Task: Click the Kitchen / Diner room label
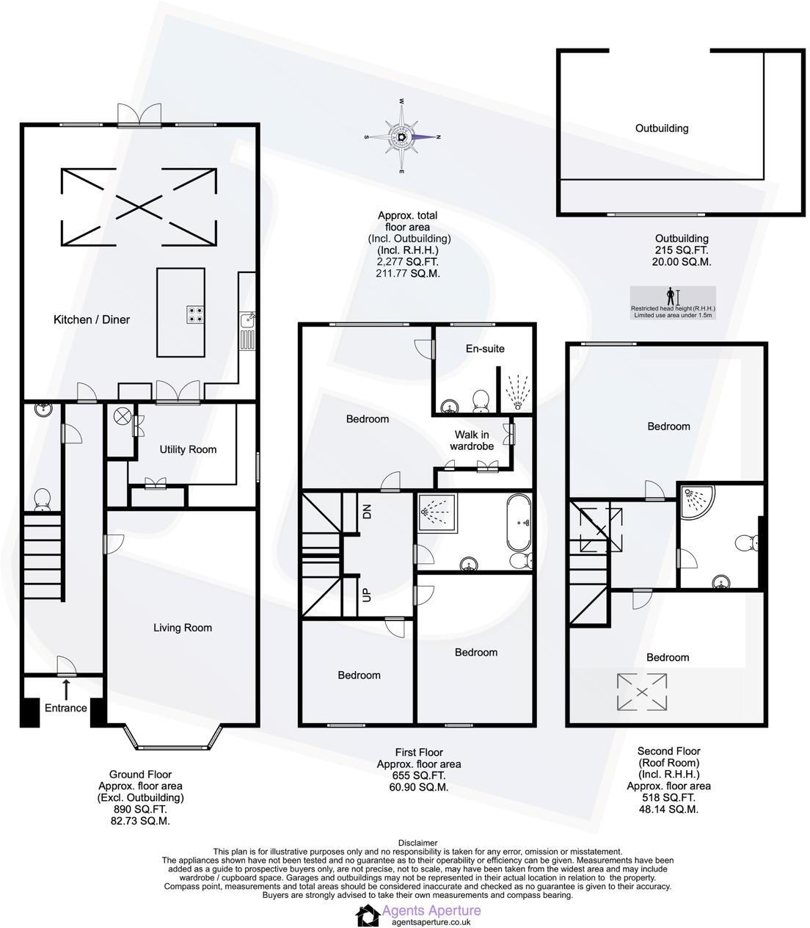point(92,319)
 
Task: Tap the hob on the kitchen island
point(195,314)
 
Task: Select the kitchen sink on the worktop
point(247,321)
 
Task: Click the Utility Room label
point(189,449)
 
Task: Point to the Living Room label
point(183,627)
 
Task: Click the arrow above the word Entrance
point(67,689)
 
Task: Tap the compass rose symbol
point(402,136)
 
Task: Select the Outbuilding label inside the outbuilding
point(662,128)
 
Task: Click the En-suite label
point(486,348)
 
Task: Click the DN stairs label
point(366,510)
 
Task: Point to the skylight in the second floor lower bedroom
point(642,692)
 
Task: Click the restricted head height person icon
point(670,296)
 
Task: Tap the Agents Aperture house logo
point(368,915)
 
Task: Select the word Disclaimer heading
point(417,843)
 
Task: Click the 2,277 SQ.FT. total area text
point(409,261)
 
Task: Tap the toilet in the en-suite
point(481,399)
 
